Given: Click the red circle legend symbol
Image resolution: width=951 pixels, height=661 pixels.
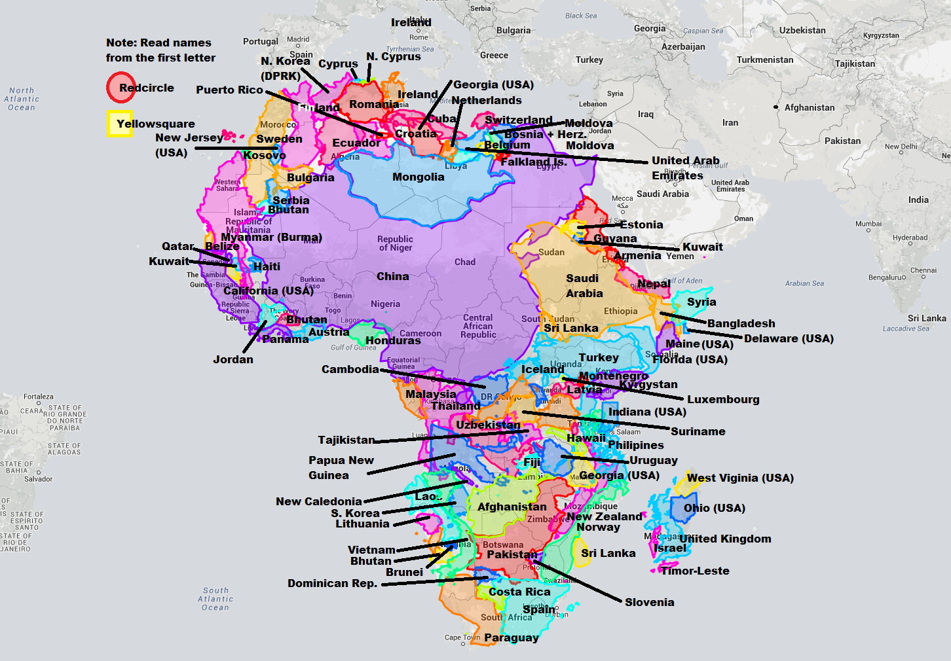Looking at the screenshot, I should click(121, 88).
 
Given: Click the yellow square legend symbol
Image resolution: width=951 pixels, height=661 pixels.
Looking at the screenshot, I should click(120, 124).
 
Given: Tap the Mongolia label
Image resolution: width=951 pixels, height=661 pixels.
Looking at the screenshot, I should click(418, 177).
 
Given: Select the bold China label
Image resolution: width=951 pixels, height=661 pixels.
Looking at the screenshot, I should click(392, 276).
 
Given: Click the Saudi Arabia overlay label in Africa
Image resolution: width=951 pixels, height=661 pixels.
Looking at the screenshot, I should click(584, 286).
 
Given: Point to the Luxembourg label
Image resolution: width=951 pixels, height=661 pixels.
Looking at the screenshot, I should click(723, 399).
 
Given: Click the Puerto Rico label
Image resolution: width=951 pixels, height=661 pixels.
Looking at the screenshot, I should click(229, 90).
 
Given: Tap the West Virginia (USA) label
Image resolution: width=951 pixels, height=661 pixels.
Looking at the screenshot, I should click(740, 478).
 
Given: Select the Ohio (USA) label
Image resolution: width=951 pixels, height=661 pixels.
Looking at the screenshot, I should click(714, 508).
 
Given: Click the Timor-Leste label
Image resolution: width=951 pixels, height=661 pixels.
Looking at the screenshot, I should click(695, 571).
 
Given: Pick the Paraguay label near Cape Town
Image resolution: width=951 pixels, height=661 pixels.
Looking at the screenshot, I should click(512, 637).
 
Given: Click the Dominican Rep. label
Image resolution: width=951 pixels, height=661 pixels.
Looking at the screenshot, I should click(332, 583).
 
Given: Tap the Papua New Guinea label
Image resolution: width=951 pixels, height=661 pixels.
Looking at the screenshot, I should click(341, 467).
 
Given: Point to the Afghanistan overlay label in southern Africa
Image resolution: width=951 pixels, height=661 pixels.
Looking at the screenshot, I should click(512, 507).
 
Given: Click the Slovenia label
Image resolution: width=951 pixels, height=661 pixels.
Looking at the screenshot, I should click(649, 602).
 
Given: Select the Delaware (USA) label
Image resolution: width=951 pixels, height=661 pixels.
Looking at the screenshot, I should click(789, 338).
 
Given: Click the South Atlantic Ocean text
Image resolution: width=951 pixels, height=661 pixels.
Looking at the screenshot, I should click(215, 599).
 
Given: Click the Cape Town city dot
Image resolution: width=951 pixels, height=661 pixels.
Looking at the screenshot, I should click(463, 644).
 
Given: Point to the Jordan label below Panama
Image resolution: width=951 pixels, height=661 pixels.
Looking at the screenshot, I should click(233, 359).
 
